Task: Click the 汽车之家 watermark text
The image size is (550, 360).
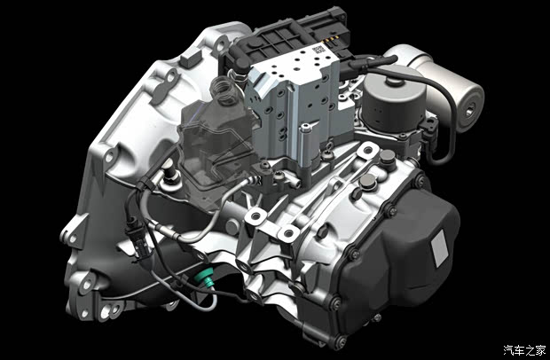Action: (x=525, y=349)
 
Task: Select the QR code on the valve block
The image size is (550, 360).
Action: (x=318, y=49)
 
